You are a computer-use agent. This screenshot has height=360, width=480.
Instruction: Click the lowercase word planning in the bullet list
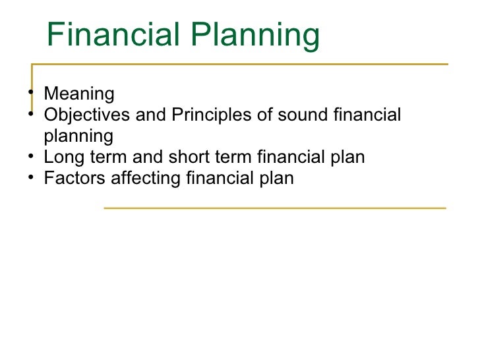click(78, 137)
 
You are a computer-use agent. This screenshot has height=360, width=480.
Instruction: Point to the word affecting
click(144, 179)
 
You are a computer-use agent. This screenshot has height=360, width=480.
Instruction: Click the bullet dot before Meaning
click(32, 93)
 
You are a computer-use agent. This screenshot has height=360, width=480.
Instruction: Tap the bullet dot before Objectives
click(32, 115)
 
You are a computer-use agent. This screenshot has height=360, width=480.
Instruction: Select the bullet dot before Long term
click(32, 158)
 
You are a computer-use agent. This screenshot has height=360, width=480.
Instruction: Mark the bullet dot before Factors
click(32, 178)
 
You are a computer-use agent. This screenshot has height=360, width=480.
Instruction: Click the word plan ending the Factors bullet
click(276, 179)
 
